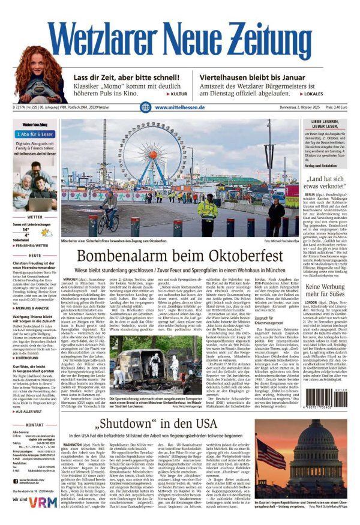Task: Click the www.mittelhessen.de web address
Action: tap(180, 107)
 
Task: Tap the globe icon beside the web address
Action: tap(145, 107)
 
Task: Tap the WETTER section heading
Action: tap(35, 217)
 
